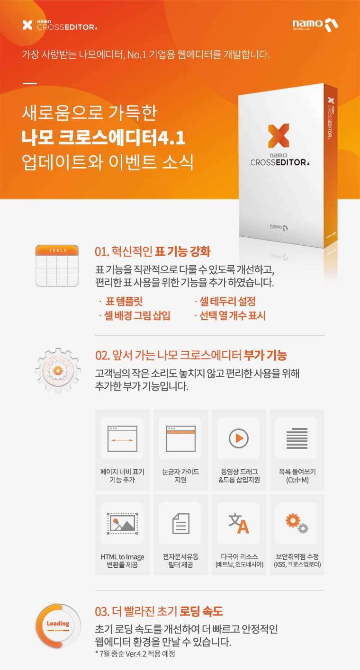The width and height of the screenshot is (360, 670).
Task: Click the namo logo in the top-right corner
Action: coord(315,25)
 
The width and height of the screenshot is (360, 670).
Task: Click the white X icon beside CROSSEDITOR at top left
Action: coord(27,25)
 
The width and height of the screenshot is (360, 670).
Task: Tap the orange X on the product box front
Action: coord(279,135)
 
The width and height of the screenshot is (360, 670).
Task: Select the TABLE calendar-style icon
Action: coord(57,266)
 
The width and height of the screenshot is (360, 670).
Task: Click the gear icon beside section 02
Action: coord(58,370)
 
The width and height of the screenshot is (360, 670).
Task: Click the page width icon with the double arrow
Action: coord(122,438)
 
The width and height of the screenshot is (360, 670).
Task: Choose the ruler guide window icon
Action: coord(180,438)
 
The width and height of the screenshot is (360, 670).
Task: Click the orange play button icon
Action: coord(239,438)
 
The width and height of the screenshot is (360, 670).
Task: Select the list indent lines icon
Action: coord(297,438)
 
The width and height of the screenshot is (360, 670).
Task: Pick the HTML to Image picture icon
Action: coord(122,523)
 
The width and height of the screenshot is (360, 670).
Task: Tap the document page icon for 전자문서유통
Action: coord(181,523)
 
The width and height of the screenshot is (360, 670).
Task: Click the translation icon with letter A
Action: coord(239,523)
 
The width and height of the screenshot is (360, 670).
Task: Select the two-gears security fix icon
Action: coord(297,523)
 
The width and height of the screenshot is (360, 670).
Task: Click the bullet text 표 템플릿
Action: coord(124,301)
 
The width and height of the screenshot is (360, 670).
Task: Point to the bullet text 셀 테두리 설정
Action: coord(227,301)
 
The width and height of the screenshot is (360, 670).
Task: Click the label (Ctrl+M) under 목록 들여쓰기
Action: coord(297,480)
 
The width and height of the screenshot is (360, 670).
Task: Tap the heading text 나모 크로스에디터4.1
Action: coord(104,138)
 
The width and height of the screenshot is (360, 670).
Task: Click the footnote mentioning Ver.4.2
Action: coord(135,653)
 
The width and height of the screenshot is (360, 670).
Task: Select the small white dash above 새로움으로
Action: coord(30,83)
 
